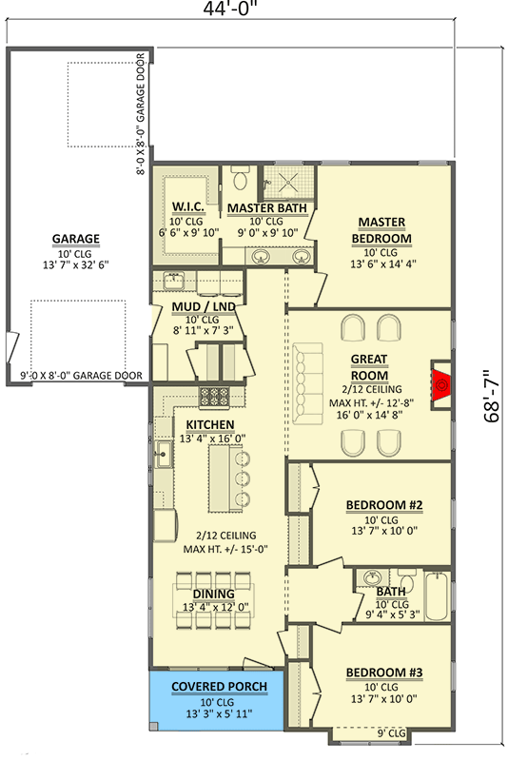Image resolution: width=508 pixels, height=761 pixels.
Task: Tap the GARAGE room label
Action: tap(76, 239)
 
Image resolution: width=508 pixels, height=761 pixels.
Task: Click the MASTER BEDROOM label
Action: tap(381, 229)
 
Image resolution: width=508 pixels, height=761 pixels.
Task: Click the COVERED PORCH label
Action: tap(219, 686)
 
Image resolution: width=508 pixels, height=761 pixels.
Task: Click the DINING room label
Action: tap(214, 594)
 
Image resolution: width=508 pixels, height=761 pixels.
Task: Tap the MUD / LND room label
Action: tap(203, 306)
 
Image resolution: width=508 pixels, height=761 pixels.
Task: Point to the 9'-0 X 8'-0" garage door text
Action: tap(81, 376)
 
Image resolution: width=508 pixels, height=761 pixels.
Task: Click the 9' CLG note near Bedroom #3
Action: tap(391, 732)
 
